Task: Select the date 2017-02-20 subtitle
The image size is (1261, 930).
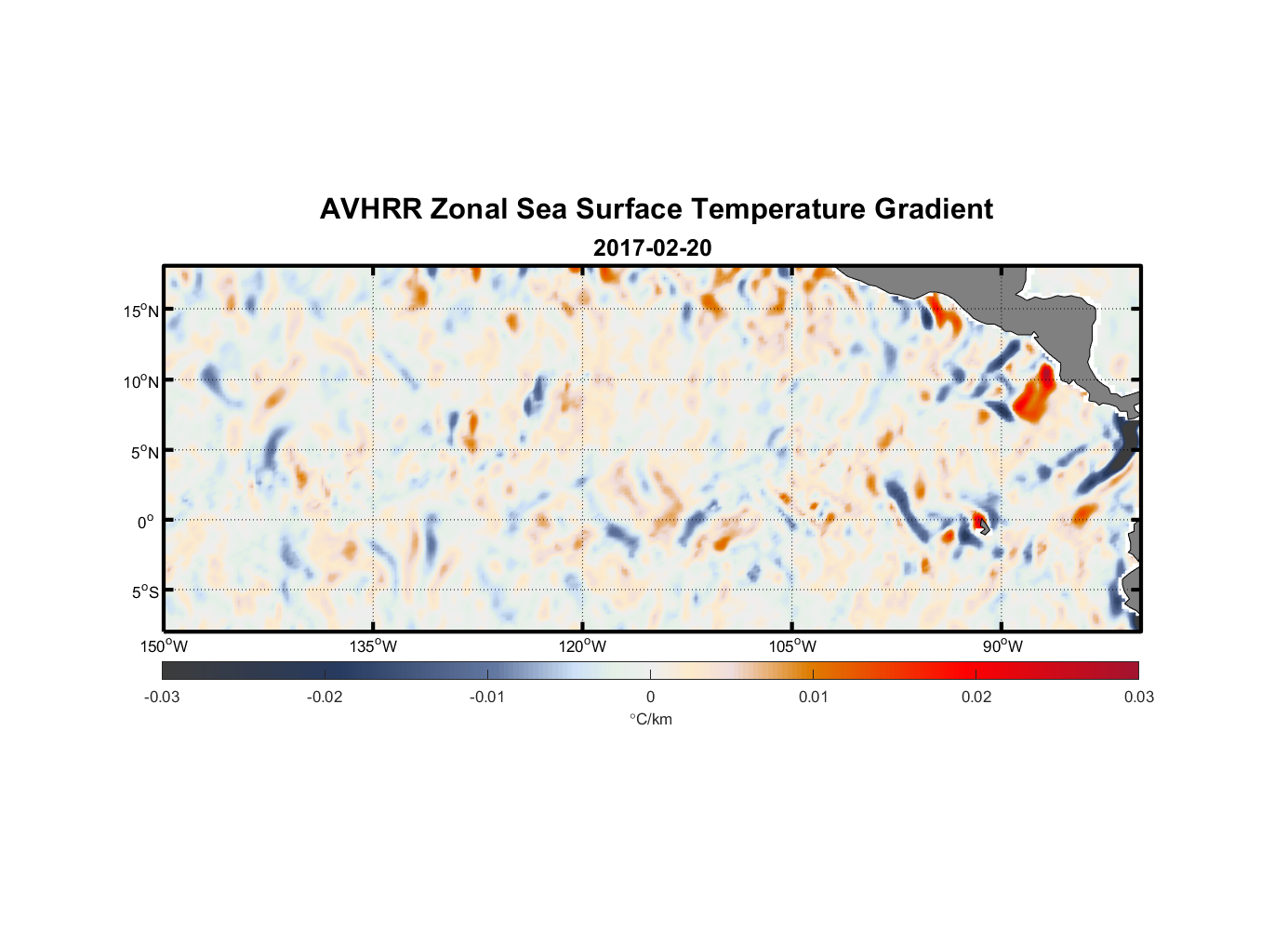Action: (652, 248)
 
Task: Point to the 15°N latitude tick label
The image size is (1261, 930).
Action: (141, 311)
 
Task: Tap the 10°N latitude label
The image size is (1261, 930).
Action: (141, 381)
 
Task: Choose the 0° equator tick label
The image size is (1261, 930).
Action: (146, 523)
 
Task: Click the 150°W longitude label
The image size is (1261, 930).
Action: (164, 646)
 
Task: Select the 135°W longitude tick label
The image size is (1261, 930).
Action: (373, 646)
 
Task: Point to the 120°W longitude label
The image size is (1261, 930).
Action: (582, 646)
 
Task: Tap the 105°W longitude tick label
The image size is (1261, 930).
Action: (792, 646)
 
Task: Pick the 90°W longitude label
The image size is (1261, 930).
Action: (1002, 646)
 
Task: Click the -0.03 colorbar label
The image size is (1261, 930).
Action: (162, 697)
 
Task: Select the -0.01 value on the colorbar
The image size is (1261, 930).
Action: (486, 697)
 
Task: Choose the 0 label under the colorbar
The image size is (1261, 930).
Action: (650, 697)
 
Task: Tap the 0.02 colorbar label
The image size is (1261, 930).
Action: (976, 697)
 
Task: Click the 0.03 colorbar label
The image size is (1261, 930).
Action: (1138, 697)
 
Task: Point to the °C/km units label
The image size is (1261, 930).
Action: (650, 719)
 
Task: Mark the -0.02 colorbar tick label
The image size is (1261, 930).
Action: (324, 697)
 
